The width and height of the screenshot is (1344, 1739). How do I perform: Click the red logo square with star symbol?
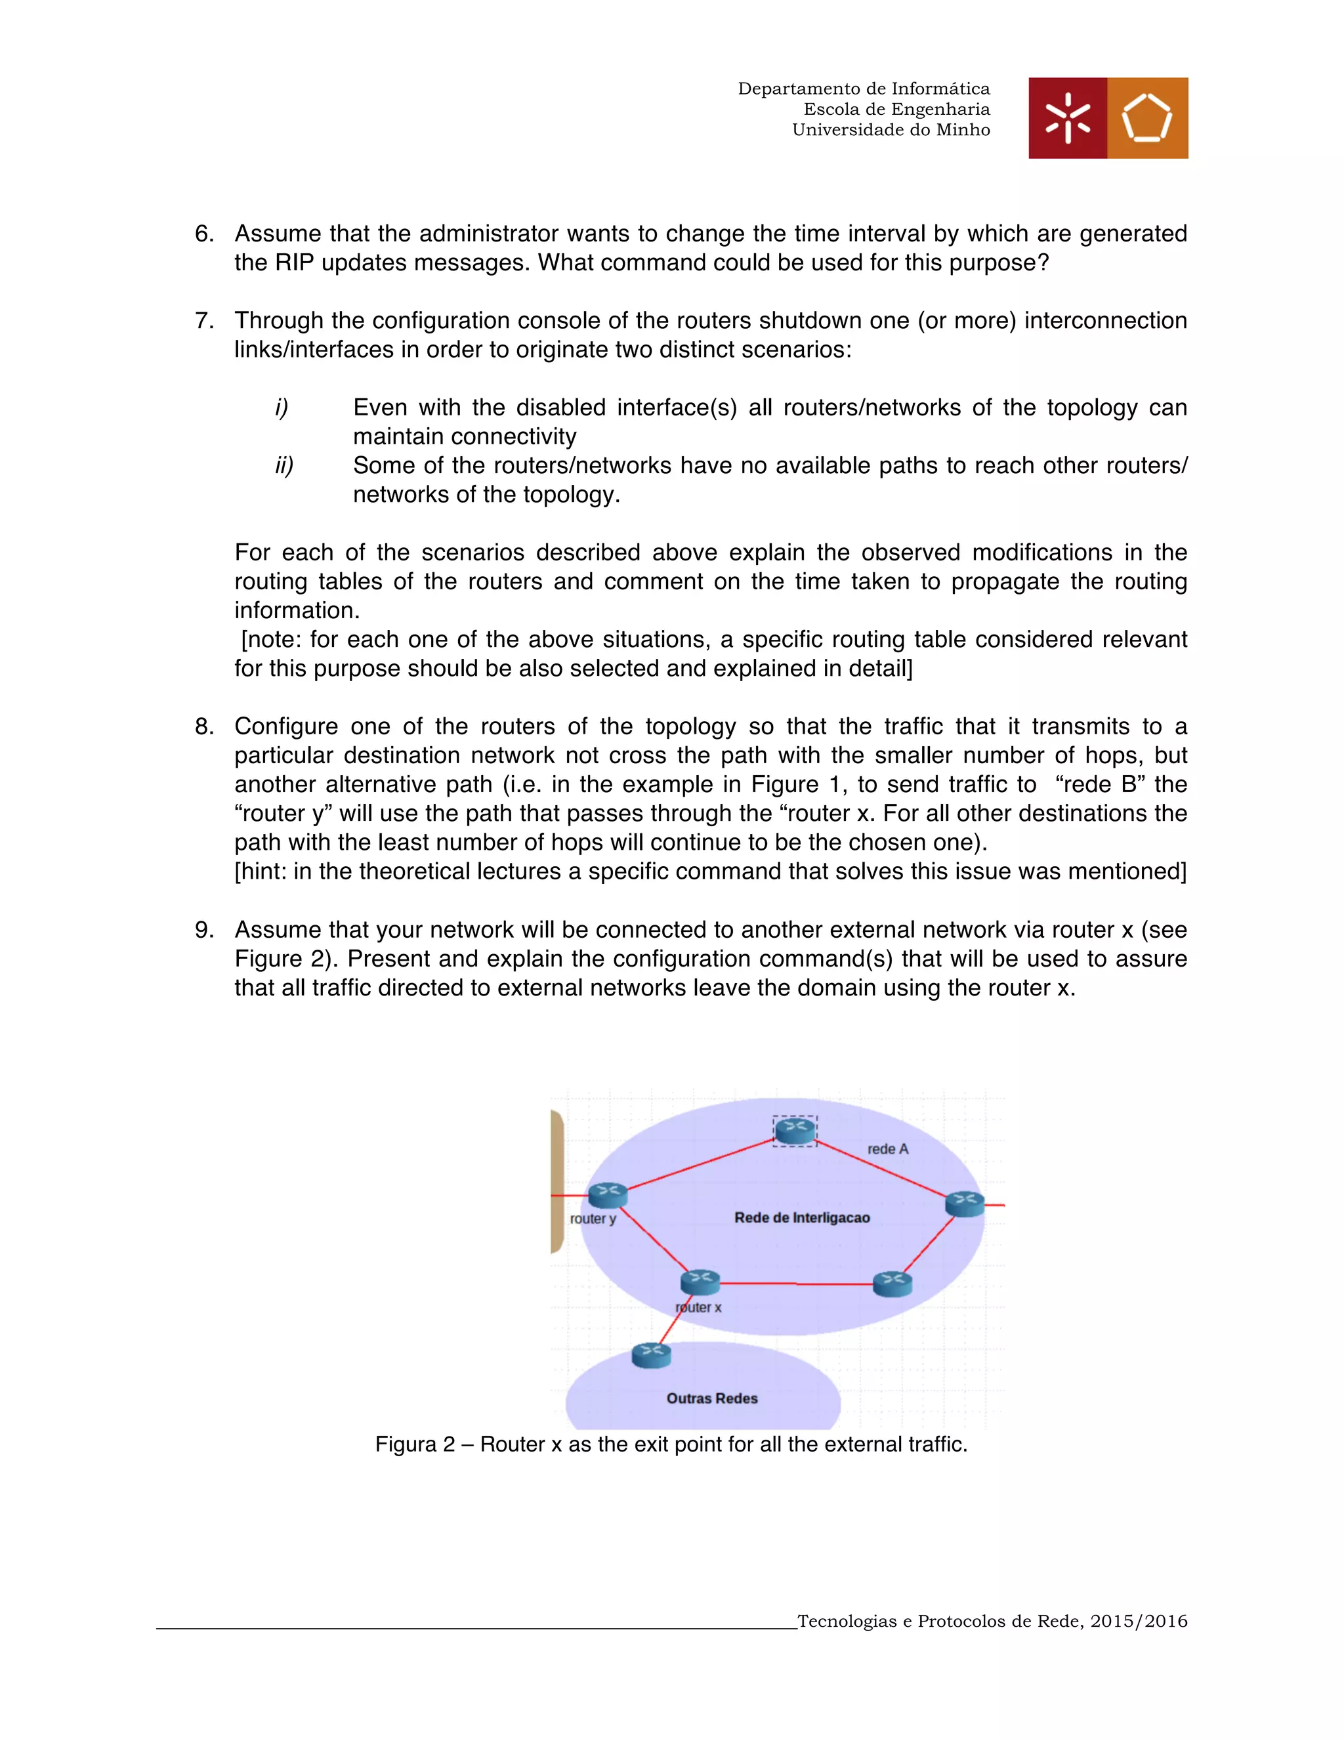tap(1067, 118)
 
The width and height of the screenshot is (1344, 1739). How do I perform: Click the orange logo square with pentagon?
tap(1147, 118)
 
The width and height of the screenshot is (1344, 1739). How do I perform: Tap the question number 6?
tap(205, 234)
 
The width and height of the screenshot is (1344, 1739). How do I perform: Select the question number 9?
tap(205, 929)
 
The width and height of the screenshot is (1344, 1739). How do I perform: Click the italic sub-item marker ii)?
tap(284, 465)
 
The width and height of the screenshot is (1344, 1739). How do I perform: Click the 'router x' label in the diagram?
tap(698, 1307)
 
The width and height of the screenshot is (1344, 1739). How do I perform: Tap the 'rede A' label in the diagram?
tap(887, 1149)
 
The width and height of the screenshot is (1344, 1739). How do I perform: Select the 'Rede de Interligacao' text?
tap(802, 1217)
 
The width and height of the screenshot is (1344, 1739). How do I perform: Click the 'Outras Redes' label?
tap(712, 1398)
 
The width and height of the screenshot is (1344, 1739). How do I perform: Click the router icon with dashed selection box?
tap(795, 1130)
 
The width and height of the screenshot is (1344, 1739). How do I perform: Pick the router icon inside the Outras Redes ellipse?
tap(651, 1354)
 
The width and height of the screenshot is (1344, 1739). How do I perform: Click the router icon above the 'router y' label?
tap(608, 1194)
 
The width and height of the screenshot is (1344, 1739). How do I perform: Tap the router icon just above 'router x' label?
tap(700, 1282)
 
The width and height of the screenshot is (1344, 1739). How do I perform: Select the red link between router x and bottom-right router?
tap(796, 1284)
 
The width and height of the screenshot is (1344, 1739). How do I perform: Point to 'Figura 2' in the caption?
tap(413, 1444)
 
